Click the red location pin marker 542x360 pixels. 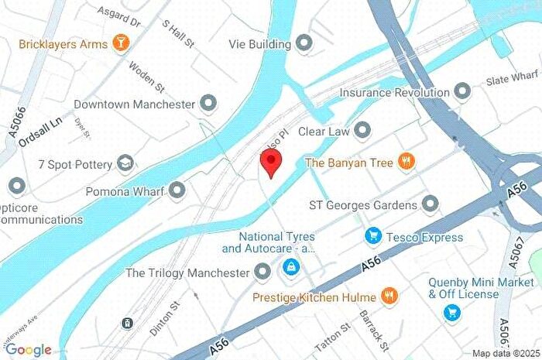[x=269, y=163]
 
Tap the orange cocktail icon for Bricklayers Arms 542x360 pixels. [x=120, y=43]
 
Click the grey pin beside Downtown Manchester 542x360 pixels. [x=208, y=103]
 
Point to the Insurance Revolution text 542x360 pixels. [x=394, y=93]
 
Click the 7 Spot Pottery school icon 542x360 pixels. [x=125, y=163]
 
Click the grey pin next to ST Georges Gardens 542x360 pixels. [x=430, y=204]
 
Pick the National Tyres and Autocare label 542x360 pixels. [x=268, y=242]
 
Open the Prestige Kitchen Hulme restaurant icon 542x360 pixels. [x=390, y=297]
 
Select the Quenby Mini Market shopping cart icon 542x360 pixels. [x=450, y=312]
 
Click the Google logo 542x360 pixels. [x=28, y=350]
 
